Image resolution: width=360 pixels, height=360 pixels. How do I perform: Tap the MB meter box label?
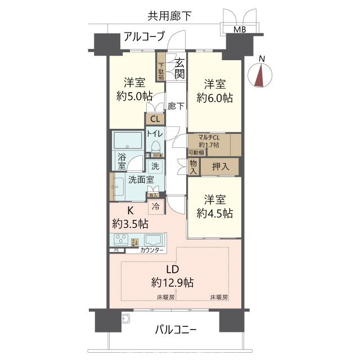pyautogui.click(x=240, y=30)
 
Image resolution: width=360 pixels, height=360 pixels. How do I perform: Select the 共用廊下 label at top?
pyautogui.click(x=169, y=16)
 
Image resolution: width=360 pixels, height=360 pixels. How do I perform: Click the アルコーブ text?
pyautogui.click(x=143, y=37)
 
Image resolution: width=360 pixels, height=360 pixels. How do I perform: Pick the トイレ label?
pyautogui.click(x=155, y=133)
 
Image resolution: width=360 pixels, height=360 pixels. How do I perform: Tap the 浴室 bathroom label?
pyautogui.click(x=122, y=161)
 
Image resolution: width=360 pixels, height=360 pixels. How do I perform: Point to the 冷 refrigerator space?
pyautogui.click(x=156, y=206)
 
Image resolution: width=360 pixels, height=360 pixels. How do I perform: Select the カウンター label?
pyautogui.click(x=152, y=250)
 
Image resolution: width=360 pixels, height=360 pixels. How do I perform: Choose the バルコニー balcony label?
pyautogui.click(x=175, y=330)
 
